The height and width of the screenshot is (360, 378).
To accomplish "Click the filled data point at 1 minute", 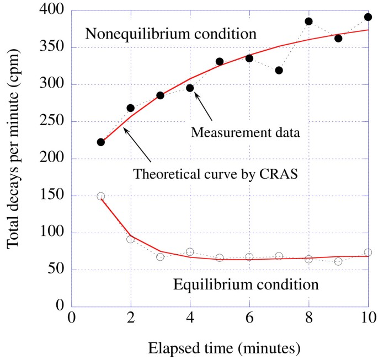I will coord(100,142).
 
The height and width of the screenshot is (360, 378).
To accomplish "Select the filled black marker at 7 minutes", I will coord(279,70).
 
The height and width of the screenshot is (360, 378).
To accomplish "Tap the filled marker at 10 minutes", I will coord(368,17).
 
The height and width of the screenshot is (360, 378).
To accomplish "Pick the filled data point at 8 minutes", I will coord(308,22).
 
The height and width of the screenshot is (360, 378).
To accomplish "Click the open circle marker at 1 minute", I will coord(100,196).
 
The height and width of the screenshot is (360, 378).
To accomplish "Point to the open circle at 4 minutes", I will coord(190,252).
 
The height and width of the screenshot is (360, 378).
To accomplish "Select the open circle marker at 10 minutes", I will coord(368,252).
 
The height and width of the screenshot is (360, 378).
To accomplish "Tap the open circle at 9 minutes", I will coord(338,261).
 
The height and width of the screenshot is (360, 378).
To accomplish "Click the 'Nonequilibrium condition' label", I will coord(171,34).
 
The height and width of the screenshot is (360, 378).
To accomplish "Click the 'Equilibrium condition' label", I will coord(246,285).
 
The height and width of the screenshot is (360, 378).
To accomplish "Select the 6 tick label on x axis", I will coord(249,319).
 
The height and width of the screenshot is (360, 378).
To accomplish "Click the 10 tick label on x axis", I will coord(368,319).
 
